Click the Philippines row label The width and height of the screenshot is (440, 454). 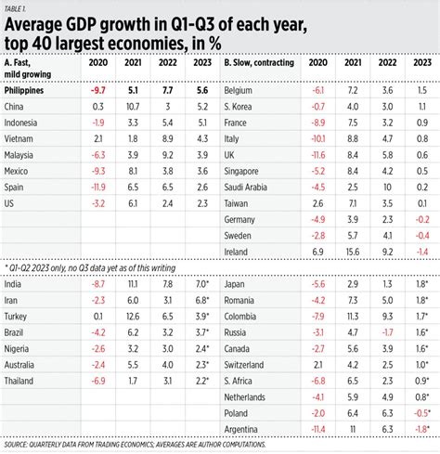(x=24, y=91)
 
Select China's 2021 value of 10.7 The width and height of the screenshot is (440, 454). (x=133, y=107)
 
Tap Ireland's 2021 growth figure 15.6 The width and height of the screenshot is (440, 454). (x=353, y=252)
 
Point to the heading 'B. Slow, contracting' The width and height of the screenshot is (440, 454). (x=259, y=62)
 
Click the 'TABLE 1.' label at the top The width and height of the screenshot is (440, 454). (x=15, y=8)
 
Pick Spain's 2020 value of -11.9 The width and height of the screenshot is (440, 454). (x=98, y=188)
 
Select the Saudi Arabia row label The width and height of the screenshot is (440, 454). (x=245, y=188)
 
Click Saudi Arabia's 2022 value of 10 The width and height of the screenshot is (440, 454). (x=387, y=188)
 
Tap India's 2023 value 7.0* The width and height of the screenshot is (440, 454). (x=202, y=284)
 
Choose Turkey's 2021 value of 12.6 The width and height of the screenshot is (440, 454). (x=133, y=317)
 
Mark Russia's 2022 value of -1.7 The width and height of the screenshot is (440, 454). (x=387, y=332)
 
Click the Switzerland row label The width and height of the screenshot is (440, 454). (x=244, y=365)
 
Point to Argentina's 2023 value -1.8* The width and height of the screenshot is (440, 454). (x=422, y=429)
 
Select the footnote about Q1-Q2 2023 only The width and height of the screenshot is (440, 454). (x=90, y=268)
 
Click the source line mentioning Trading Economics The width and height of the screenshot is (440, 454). (x=135, y=445)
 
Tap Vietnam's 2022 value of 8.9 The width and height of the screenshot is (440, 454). (x=167, y=139)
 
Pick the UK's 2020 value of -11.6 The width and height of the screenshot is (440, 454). (x=318, y=155)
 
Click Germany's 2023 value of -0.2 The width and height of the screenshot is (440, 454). (x=422, y=219)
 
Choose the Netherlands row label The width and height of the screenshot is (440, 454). (x=244, y=397)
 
